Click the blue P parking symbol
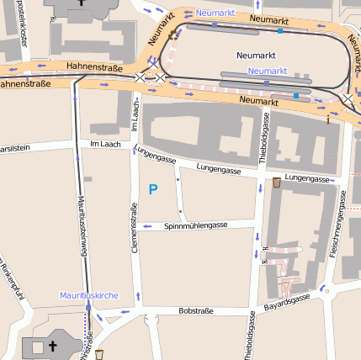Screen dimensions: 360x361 pos(152,190)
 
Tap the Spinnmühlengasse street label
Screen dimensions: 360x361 pos(195,225)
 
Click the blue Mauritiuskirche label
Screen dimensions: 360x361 pos(88,296)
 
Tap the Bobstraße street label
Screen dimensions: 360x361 pos(196,310)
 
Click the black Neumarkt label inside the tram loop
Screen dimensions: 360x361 pos(256,55)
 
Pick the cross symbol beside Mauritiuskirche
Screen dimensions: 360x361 pos(50,346)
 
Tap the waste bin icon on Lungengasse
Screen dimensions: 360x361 pos(276,182)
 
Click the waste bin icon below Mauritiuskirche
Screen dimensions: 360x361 pos(99,354)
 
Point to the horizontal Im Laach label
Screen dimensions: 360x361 pos(105,145)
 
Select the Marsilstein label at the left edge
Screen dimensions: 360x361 pos(14,147)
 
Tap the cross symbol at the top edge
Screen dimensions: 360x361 pos(80,3)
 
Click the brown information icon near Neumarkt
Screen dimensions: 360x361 pos(328,119)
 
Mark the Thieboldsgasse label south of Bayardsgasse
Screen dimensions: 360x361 pos(251,336)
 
